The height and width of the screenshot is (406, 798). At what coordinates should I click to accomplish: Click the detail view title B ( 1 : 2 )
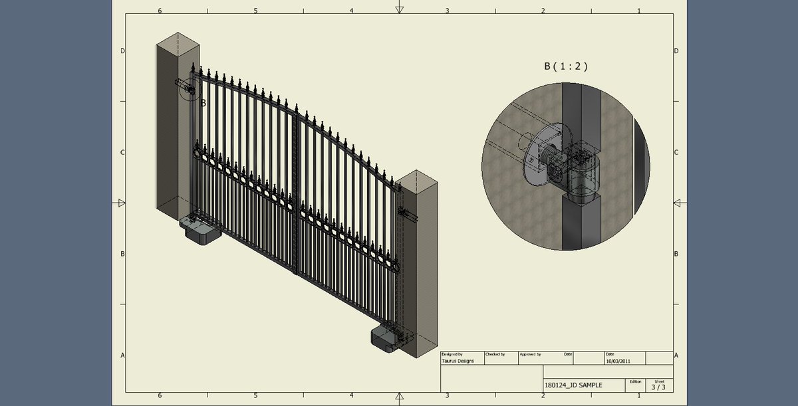566,66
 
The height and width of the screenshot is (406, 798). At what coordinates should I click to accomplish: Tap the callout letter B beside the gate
203,103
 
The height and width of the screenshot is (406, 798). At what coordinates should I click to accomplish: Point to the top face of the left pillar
178,43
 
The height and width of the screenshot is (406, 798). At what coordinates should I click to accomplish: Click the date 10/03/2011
619,361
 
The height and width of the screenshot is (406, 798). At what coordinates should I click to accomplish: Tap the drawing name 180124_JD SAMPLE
573,385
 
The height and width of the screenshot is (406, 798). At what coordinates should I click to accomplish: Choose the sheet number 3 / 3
658,387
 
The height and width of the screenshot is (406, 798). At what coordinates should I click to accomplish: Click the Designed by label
452,354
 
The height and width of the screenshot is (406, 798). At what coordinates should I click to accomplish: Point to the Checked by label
495,354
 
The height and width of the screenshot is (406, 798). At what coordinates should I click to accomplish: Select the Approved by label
530,354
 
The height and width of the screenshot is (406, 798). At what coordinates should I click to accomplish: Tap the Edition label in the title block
634,381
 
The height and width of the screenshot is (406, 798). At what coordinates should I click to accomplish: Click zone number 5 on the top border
255,11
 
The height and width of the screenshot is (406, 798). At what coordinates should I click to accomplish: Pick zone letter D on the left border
122,51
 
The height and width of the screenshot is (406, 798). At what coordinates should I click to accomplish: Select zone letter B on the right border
676,254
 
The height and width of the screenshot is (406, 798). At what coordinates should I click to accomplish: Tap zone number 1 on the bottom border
638,395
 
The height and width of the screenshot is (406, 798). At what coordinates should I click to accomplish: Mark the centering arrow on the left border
122,203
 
